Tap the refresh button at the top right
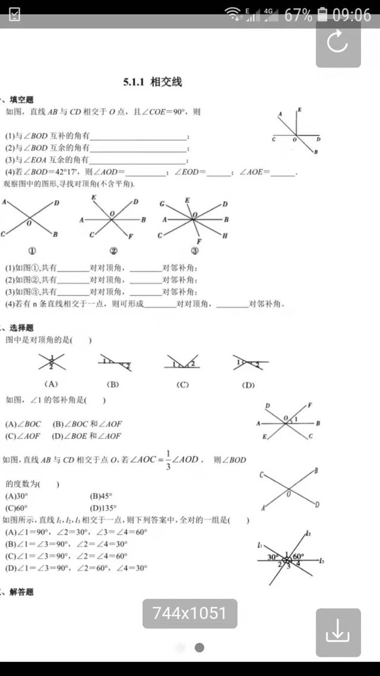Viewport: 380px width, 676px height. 338,43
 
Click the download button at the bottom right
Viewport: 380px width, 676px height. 338,632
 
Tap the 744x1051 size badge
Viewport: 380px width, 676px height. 189,613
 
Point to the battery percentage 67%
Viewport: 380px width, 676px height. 298,15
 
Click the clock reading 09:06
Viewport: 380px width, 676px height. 351,15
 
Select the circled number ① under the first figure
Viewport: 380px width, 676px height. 24,251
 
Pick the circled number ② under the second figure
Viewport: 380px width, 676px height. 113,251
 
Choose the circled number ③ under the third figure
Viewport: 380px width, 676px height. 194,251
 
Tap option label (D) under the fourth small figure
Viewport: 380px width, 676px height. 248,385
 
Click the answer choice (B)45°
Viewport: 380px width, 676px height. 101,496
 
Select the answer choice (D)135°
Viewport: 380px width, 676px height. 103,508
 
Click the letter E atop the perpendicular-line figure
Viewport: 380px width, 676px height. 300,110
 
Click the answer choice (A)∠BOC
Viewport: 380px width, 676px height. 23,424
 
